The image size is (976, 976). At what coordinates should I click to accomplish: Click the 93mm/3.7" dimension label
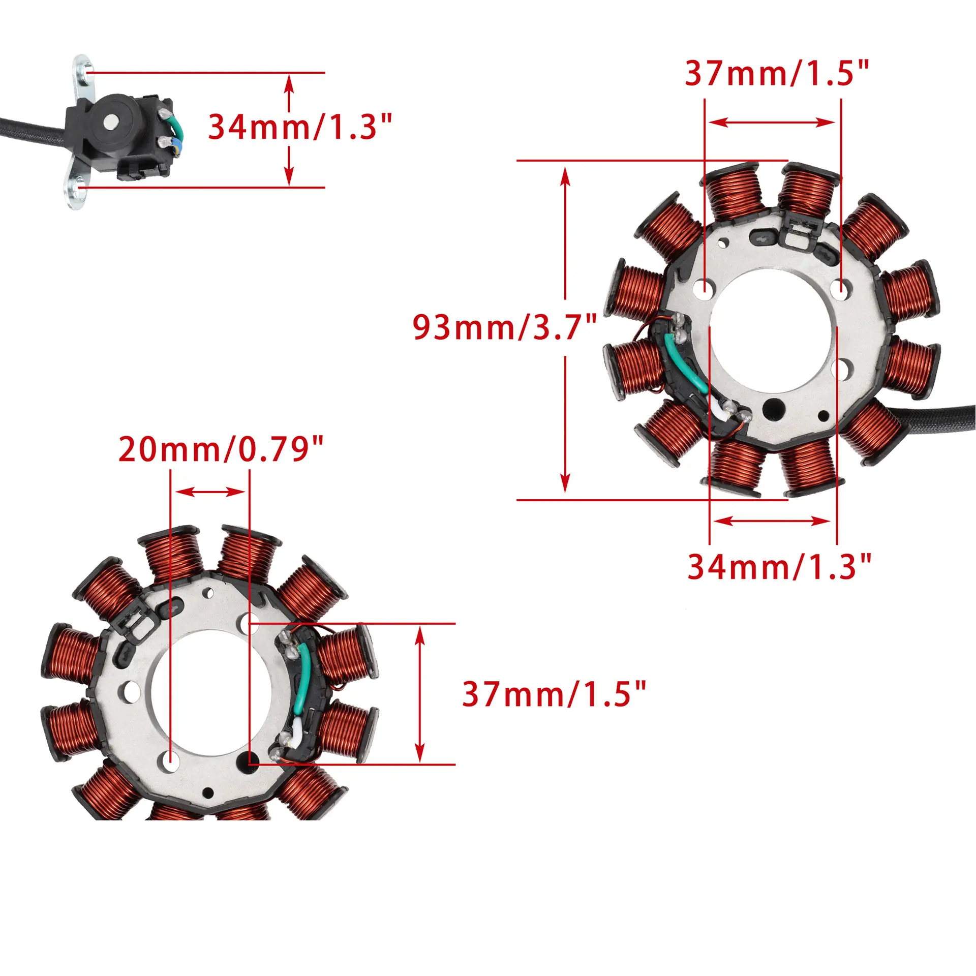point(505,327)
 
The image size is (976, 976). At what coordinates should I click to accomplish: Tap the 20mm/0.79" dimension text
point(221,449)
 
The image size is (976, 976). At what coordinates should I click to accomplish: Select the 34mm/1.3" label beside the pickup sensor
point(300,127)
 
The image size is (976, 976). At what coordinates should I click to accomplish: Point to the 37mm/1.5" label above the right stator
point(777,73)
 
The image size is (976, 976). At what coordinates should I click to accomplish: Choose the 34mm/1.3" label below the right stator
point(780,566)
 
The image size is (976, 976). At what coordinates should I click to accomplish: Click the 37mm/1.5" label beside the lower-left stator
point(554,694)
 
